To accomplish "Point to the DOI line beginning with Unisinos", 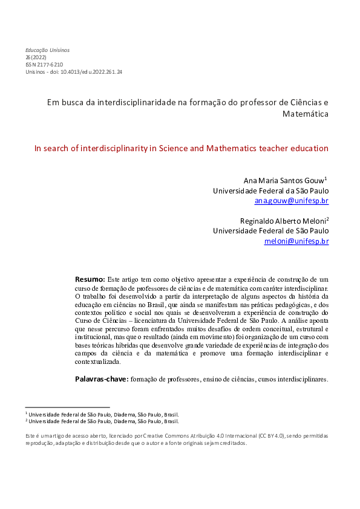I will pyautogui.click(x=74, y=71).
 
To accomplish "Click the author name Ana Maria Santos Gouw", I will pyautogui.click(x=283, y=180).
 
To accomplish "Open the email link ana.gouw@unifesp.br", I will pyautogui.click(x=292, y=201).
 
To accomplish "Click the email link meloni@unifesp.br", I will pyautogui.click(x=296, y=241).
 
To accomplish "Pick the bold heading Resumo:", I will pyautogui.click(x=90, y=279).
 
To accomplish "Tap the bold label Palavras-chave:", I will pyautogui.click(x=101, y=379).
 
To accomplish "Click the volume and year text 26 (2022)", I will pyautogui.click(x=36, y=57).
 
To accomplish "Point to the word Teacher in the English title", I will pyautogui.click(x=261, y=148).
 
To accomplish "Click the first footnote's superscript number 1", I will pyautogui.click(x=27, y=413).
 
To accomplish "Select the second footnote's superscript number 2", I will pyautogui.click(x=27, y=420).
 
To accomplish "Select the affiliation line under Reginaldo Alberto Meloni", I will pyautogui.click(x=271, y=231).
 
